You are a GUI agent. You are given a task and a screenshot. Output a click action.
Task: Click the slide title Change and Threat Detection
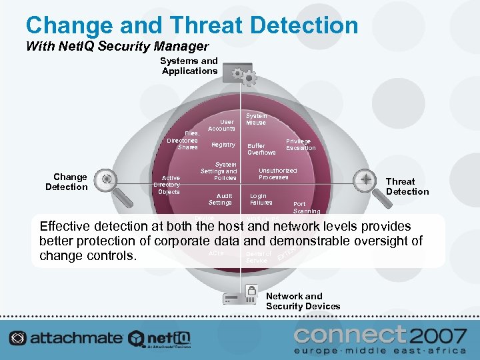(191, 25)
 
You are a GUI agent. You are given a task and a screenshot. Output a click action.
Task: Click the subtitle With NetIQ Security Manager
(117, 47)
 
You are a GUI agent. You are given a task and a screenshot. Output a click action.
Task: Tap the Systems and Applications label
(190, 66)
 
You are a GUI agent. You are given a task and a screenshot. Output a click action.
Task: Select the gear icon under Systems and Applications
(242, 76)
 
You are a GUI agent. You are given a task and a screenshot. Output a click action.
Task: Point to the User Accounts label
(221, 125)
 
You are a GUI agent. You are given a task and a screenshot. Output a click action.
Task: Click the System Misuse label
(256, 119)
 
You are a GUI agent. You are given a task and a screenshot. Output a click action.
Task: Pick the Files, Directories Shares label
(183, 140)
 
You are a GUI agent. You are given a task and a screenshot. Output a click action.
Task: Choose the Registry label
(223, 145)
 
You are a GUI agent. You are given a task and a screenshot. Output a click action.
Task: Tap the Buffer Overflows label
(261, 149)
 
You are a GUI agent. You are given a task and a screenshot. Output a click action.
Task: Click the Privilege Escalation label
(301, 145)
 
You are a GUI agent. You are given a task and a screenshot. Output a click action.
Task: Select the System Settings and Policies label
(219, 171)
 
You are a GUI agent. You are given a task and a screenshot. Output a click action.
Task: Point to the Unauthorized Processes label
(277, 173)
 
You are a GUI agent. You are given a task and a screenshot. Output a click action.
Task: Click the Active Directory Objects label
(167, 185)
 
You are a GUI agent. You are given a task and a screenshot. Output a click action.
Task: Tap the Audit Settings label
(220, 199)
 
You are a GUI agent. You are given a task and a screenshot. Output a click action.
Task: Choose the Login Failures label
(261, 199)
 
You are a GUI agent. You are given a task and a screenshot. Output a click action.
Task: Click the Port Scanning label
(306, 207)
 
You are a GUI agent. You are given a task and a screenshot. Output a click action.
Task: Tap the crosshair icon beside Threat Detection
(366, 179)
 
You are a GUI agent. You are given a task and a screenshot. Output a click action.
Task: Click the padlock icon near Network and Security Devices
(251, 291)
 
